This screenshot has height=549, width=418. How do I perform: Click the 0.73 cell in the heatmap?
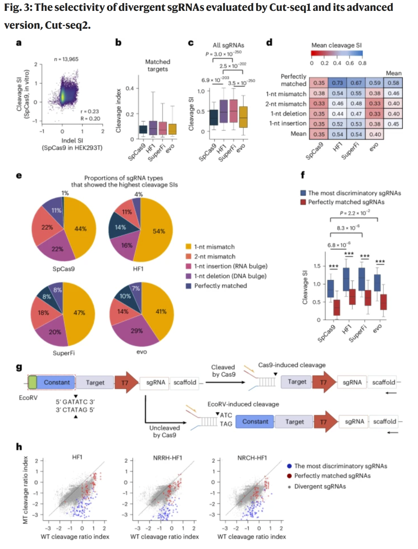[x=337, y=83]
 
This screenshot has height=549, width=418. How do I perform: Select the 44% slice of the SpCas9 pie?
[x=81, y=229]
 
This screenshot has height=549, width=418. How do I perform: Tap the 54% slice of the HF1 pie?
[x=158, y=231]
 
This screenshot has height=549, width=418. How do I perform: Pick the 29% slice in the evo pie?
[x=137, y=331]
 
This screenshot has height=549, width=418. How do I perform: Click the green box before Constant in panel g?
[x=33, y=382]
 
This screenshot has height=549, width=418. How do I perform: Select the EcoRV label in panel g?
[x=28, y=398]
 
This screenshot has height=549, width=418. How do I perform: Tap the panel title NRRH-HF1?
[x=168, y=458]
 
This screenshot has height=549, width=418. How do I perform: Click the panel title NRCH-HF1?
[x=252, y=458]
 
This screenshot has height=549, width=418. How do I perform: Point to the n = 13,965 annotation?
[x=66, y=59]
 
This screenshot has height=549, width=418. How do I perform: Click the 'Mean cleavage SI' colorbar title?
[x=336, y=45]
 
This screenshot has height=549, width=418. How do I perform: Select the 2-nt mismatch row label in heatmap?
[x=286, y=104]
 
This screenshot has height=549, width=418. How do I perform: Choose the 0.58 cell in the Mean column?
[x=393, y=83]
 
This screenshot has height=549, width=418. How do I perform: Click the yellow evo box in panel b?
[x=172, y=129]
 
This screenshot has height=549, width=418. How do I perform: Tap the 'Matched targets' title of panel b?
[x=158, y=65]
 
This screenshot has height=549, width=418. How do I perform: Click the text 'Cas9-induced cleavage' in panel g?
[x=292, y=365]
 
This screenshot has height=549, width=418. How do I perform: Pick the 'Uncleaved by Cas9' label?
[x=164, y=431]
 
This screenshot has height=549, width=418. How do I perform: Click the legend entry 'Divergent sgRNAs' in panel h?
[x=320, y=486]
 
